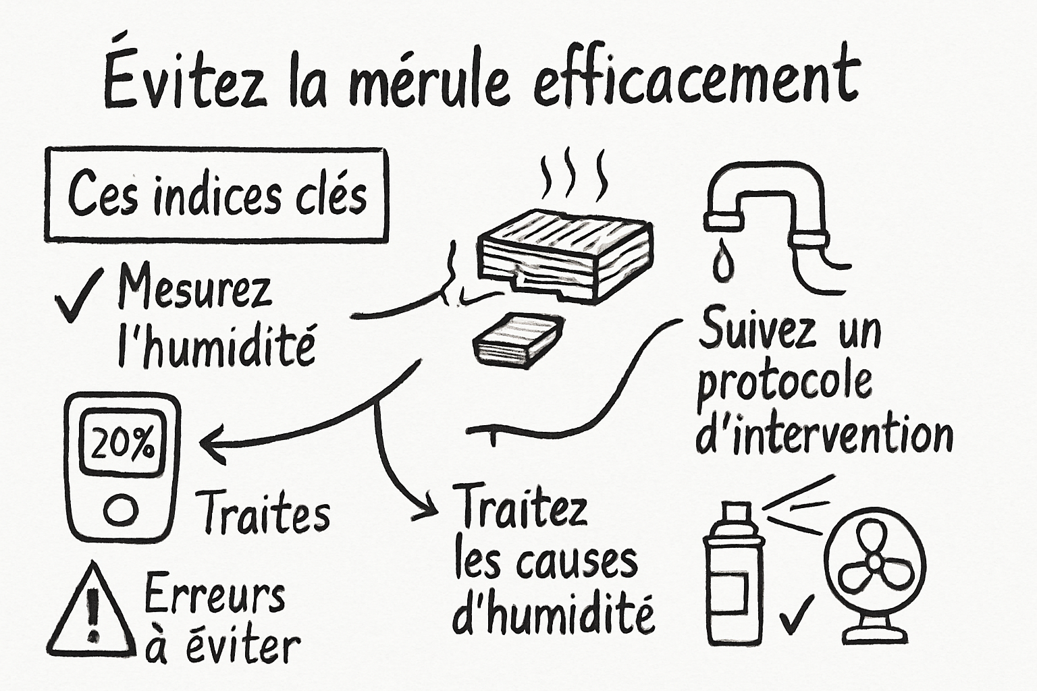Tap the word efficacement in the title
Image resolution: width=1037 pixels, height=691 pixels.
(x=695, y=81)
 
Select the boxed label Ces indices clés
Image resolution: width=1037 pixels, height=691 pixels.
(x=217, y=195)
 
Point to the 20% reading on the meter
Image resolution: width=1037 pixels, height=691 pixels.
(x=122, y=445)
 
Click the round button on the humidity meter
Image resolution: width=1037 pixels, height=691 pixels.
(x=122, y=509)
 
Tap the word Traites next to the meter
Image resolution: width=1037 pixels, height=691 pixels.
(x=263, y=514)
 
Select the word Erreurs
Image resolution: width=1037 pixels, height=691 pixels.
(x=214, y=595)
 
